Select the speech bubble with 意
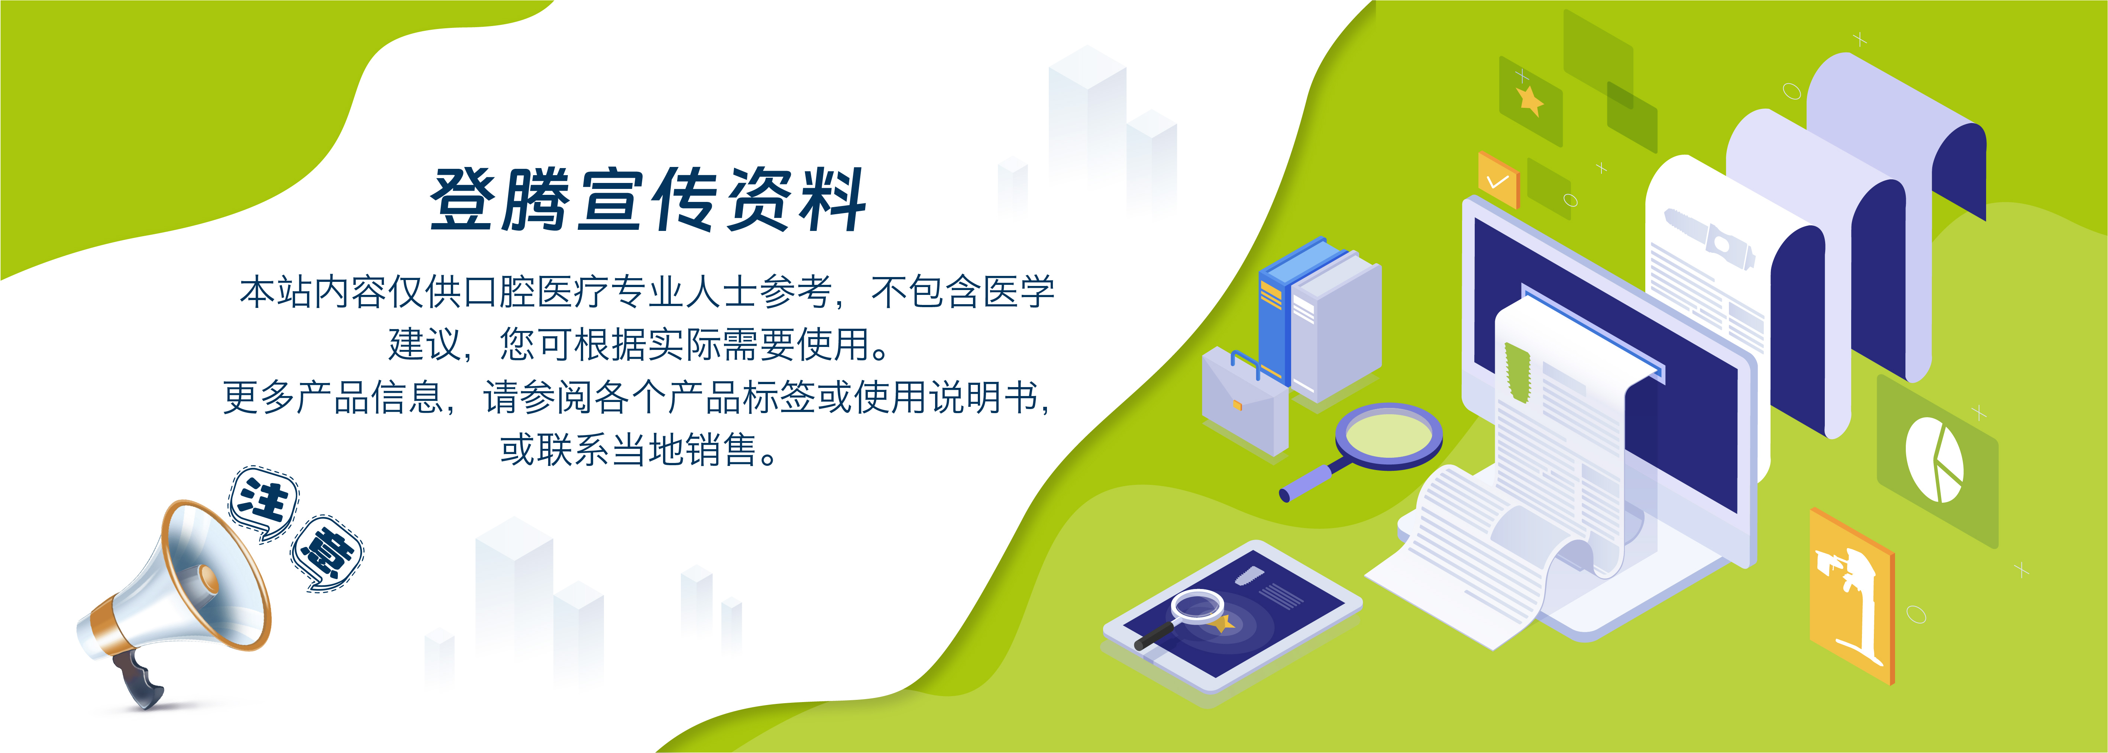(327, 554)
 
